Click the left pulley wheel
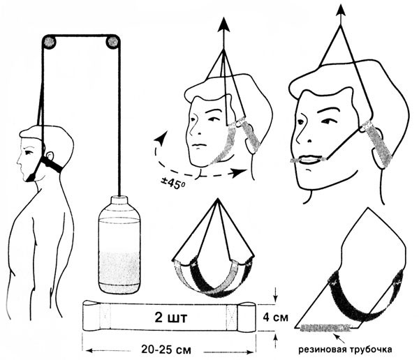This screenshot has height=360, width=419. [50, 42]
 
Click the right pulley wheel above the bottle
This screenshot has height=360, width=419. [112, 42]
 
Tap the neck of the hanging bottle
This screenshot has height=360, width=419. [119, 200]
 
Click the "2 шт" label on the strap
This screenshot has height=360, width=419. [171, 318]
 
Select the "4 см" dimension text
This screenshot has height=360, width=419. [276, 317]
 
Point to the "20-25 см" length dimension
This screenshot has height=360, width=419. [166, 350]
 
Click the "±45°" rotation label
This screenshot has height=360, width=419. [173, 183]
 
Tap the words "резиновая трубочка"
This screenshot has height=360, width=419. [345, 350]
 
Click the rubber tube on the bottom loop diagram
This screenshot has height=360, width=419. [325, 327]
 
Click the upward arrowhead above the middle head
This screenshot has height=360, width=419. [223, 25]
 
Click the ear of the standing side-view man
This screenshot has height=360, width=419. [49, 156]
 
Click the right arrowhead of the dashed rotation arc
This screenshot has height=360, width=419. [239, 173]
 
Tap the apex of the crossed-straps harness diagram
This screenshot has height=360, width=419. [218, 199]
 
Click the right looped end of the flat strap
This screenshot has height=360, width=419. [247, 317]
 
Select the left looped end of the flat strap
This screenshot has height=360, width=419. [91, 315]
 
